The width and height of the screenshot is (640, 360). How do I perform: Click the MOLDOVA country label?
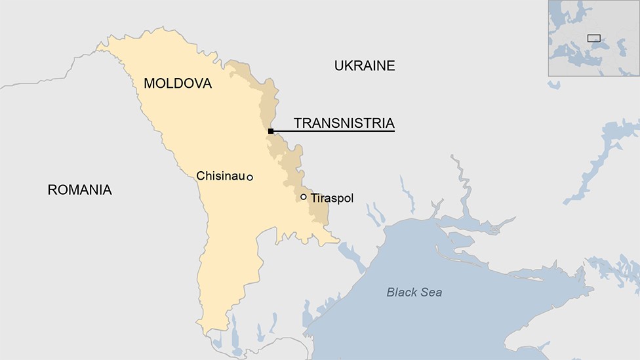178,84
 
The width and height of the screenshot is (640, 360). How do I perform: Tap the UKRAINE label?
365,66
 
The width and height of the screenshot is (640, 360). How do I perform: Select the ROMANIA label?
79,190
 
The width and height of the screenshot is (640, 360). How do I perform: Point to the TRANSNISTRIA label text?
344,123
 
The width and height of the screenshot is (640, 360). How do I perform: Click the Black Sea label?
414,292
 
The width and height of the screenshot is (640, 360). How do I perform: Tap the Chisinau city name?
220,176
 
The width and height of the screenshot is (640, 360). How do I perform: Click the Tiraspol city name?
332,197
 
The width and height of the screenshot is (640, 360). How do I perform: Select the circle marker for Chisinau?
250,178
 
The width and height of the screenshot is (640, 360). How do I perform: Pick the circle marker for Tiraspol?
304,197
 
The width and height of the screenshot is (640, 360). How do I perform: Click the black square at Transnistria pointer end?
271,131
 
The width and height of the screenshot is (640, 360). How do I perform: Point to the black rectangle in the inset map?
593,38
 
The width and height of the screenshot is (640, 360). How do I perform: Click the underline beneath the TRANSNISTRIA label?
334,131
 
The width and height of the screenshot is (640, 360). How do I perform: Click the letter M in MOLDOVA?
150,84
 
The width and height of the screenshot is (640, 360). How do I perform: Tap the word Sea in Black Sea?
431,292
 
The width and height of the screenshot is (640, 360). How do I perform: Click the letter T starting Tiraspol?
313,197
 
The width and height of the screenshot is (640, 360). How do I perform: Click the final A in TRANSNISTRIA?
390,123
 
